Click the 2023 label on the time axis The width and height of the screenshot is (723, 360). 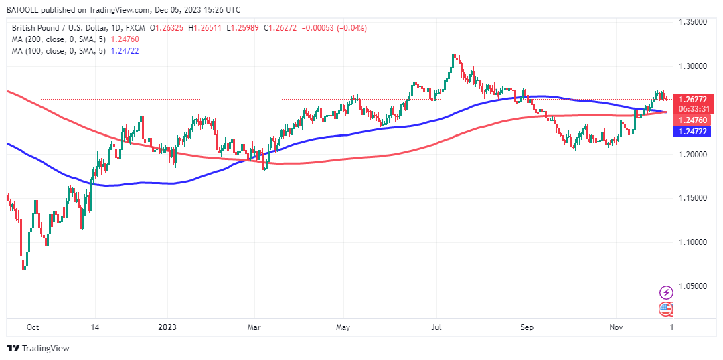167,327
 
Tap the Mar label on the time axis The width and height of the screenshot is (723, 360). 254,327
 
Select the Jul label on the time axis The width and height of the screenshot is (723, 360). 436,327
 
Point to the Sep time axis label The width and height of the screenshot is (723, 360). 526,327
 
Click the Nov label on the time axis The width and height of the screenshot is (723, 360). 617,327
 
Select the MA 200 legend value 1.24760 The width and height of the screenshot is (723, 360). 125,39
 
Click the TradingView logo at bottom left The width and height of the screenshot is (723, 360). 38,348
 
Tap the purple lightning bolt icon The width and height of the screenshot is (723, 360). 666,292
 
